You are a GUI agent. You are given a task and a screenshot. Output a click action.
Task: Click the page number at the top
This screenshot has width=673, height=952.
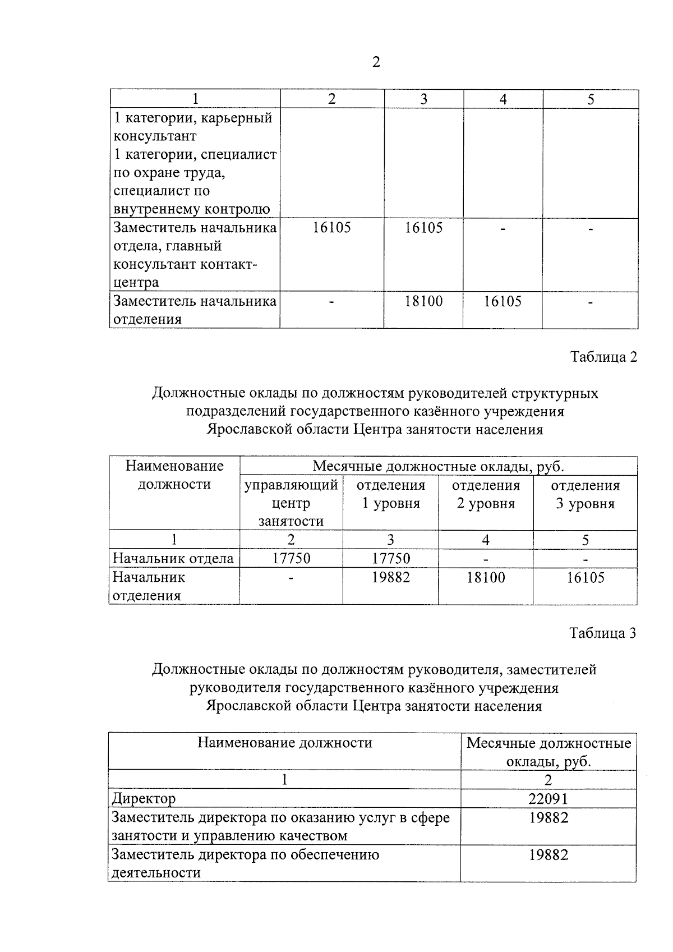(376, 62)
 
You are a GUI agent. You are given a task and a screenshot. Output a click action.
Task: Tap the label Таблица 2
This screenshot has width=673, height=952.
(603, 357)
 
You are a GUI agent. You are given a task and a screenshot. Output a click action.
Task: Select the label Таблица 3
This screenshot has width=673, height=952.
(603, 633)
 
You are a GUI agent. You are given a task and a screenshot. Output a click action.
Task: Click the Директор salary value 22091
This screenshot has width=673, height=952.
(548, 798)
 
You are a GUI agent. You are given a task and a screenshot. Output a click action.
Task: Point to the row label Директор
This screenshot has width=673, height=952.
(144, 798)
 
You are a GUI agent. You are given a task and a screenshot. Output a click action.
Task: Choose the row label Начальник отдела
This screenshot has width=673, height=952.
(173, 558)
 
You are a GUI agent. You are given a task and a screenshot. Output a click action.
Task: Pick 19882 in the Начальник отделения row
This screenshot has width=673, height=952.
(390, 577)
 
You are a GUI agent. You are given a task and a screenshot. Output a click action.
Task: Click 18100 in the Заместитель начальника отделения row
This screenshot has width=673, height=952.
(423, 301)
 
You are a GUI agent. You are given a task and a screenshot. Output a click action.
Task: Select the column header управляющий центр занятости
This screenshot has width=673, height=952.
(291, 503)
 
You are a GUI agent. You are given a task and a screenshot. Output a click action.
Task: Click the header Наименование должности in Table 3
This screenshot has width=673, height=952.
(284, 743)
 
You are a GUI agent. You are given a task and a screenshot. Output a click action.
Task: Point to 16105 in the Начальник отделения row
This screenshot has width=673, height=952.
(585, 577)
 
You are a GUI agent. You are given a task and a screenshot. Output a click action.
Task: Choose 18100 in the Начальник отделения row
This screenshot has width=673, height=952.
(486, 577)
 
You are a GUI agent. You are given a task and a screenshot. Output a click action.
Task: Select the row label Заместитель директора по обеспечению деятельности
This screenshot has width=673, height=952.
(245, 863)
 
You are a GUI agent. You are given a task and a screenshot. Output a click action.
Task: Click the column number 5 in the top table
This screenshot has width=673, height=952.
(591, 99)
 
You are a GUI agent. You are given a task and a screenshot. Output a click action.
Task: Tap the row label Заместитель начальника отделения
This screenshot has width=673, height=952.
(195, 310)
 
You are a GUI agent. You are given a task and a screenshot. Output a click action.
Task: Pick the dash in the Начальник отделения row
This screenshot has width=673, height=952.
(291, 577)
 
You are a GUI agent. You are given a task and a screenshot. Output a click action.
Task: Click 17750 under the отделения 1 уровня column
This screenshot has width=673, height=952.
(390, 558)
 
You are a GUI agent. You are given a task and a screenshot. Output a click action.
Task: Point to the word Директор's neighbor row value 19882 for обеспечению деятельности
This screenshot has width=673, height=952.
(548, 855)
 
